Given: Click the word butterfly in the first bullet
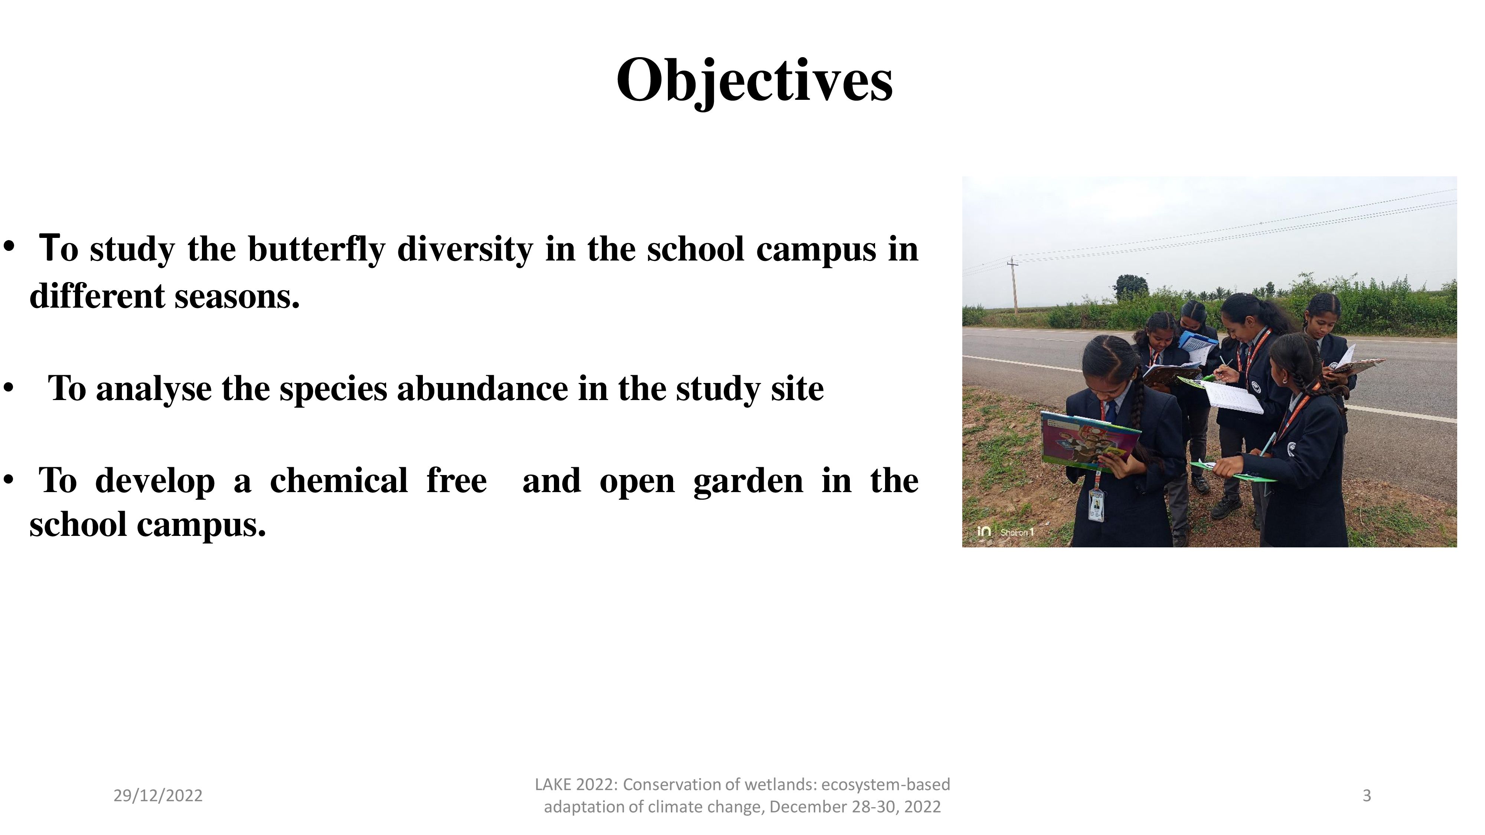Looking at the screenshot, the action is pos(316,249).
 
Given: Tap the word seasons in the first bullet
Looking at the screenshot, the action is pos(237,296).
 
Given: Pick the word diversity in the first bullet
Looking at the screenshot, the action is pos(465,249).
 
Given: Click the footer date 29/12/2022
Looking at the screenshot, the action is pos(158,795).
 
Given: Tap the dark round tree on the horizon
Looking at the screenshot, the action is pos(1132,286).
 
